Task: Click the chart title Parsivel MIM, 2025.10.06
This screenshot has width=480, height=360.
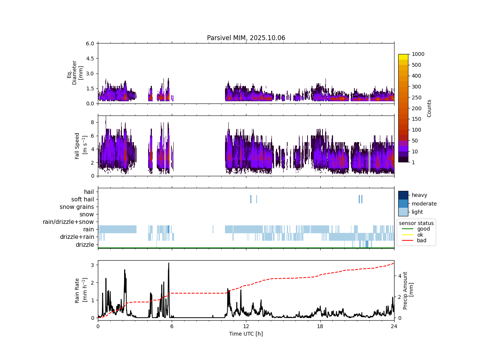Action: pyautogui.click(x=246, y=38)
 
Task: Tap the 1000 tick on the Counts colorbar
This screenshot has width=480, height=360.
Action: pyautogui.click(x=418, y=54)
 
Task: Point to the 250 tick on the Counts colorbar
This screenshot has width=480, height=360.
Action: pyautogui.click(x=416, y=97)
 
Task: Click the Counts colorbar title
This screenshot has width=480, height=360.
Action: pyautogui.click(x=429, y=108)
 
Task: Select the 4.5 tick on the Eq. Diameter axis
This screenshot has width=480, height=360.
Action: pyautogui.click(x=90, y=58)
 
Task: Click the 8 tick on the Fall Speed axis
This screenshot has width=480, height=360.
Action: pyautogui.click(x=93, y=122)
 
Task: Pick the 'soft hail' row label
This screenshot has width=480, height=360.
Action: pyautogui.click(x=82, y=199)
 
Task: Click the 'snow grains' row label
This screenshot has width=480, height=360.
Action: pyautogui.click(x=76, y=207)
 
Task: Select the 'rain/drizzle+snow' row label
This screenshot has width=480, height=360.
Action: pyautogui.click(x=68, y=222)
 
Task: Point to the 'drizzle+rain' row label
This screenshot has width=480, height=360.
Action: pyautogui.click(x=77, y=237)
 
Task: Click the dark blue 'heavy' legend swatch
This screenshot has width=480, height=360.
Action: pyautogui.click(x=403, y=195)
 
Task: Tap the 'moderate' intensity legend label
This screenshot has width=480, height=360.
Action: pyautogui.click(x=424, y=204)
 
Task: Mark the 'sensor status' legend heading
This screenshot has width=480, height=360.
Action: pyautogui.click(x=416, y=223)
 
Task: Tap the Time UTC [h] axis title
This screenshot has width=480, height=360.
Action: pyautogui.click(x=246, y=334)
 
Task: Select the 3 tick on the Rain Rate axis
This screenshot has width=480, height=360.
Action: pyautogui.click(x=92, y=265)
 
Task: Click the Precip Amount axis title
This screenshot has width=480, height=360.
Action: pyautogui.click(x=408, y=291)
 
